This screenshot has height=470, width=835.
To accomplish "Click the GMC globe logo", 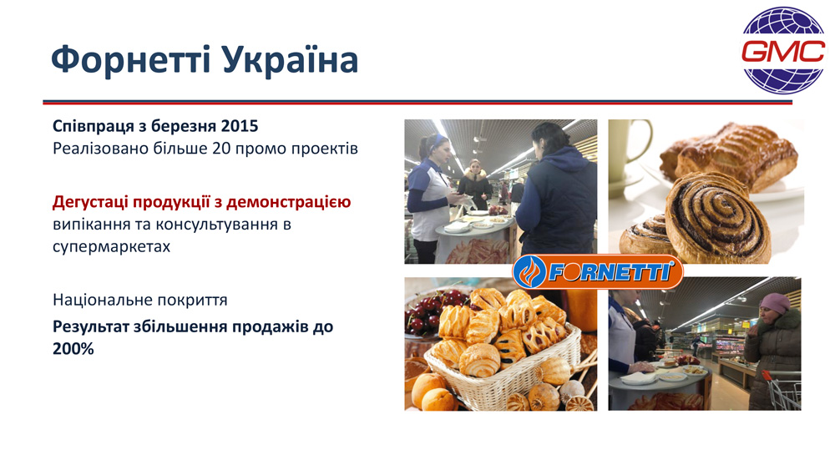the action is coord(783,51).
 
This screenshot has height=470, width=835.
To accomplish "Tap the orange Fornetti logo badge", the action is coord(598,272).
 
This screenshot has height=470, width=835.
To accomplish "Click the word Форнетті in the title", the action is coord(131,59).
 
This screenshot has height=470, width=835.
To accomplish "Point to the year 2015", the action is coord(240,126).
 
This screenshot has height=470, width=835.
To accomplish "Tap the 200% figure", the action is coord(73,349).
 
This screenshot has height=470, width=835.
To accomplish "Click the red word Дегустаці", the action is coord(90,202).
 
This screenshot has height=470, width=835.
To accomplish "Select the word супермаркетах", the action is coord(111,247).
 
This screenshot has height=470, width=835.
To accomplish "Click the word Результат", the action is coord(91,326).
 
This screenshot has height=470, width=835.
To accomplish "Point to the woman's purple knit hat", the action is coord(775,303).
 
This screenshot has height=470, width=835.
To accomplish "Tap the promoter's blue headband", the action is coord(438,140).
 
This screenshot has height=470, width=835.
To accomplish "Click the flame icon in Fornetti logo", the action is coord(530,272).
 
